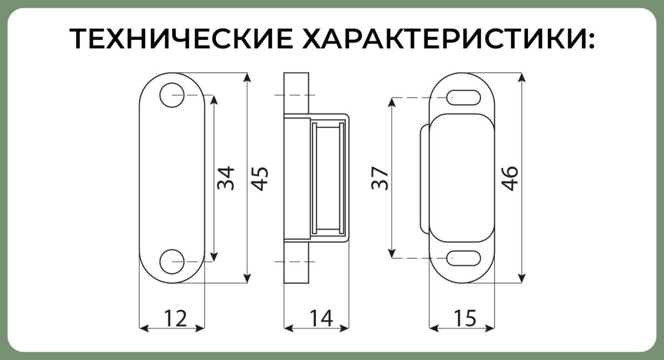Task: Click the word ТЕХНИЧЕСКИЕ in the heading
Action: pyautogui.click(x=181, y=39)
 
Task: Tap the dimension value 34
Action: pyautogui.click(x=226, y=178)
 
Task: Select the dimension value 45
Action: pyautogui.click(x=260, y=179)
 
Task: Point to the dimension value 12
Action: pyautogui.click(x=175, y=318)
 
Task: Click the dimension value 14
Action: pyautogui.click(x=321, y=318)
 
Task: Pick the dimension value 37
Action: pyautogui.click(x=380, y=178)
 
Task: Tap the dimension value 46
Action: pyautogui.click(x=510, y=179)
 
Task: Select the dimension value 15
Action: pyautogui.click(x=465, y=318)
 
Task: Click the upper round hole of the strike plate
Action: pyautogui.click(x=172, y=95)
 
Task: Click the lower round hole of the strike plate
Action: pyautogui.click(x=172, y=262)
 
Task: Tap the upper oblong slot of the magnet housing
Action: pyautogui.click(x=464, y=97)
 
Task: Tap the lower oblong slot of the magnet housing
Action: pyautogui.click(x=464, y=258)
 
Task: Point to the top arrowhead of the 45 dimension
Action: pyautogui.click(x=247, y=77)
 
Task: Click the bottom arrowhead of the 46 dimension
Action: pyautogui.click(x=522, y=278)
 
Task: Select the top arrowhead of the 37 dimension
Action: pyautogui.click(x=392, y=102)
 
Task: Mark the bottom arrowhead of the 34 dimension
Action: pyautogui.click(x=214, y=257)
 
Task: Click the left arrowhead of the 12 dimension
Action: pyautogui.click(x=144, y=328)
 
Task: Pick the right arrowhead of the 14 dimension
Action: pyautogui.click(x=344, y=328)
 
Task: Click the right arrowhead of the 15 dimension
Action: pyautogui.click(x=490, y=328)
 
